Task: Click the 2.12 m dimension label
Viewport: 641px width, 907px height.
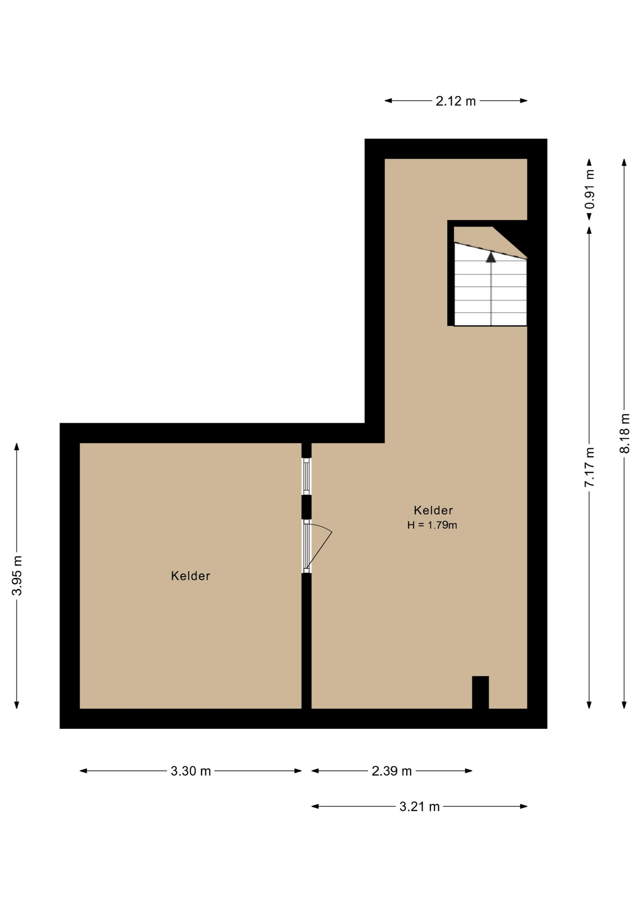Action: pyautogui.click(x=455, y=101)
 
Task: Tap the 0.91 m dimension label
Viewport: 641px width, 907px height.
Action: pyautogui.click(x=590, y=189)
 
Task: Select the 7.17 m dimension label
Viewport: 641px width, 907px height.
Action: pyautogui.click(x=590, y=467)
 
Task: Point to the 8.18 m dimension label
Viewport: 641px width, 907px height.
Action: pyautogui.click(x=624, y=433)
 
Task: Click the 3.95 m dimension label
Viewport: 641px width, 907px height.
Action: pyautogui.click(x=17, y=575)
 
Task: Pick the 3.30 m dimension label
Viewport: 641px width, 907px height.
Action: pyautogui.click(x=191, y=771)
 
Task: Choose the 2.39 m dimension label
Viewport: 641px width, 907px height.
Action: pyautogui.click(x=392, y=771)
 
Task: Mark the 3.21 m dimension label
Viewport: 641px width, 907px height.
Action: pyautogui.click(x=420, y=807)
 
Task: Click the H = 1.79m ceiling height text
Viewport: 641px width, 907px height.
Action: pyautogui.click(x=432, y=525)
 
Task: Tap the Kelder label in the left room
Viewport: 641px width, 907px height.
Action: pyautogui.click(x=191, y=576)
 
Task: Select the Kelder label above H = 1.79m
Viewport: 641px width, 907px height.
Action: pyautogui.click(x=433, y=510)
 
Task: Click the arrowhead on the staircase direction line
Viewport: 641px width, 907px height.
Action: pyautogui.click(x=491, y=257)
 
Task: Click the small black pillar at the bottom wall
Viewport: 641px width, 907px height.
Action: pyautogui.click(x=481, y=693)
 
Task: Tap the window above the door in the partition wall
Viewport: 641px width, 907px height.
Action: pyautogui.click(x=306, y=476)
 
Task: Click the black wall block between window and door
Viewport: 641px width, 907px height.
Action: pyautogui.click(x=306, y=507)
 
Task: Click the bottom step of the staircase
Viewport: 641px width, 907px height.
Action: pyautogui.click(x=490, y=319)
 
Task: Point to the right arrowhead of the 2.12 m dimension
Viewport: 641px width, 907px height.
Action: pyautogui.click(x=523, y=101)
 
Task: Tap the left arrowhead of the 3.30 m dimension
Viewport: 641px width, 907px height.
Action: pyautogui.click(x=84, y=771)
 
